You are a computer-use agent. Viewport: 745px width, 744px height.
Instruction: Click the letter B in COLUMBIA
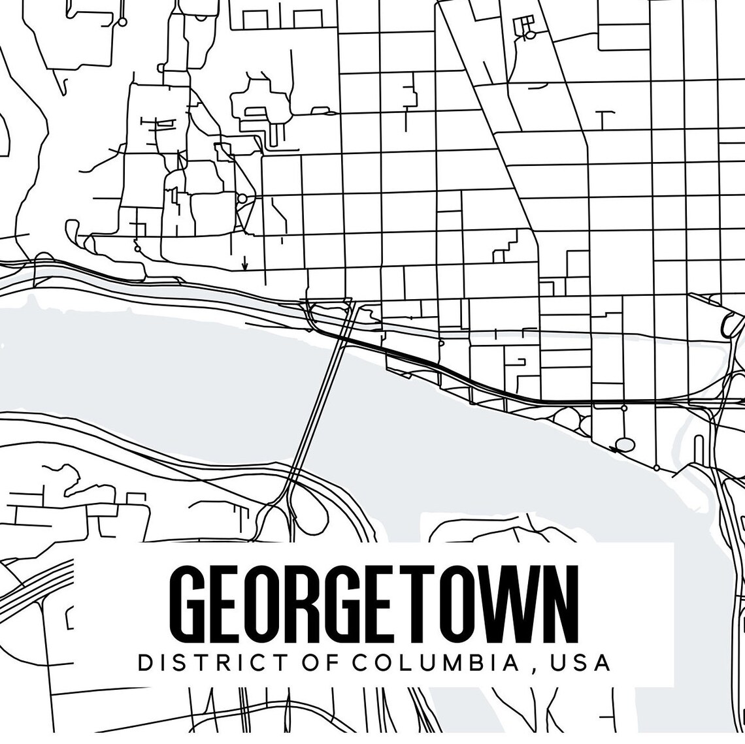[x=489, y=662]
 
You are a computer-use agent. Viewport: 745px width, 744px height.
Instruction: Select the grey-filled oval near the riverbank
[x=625, y=445]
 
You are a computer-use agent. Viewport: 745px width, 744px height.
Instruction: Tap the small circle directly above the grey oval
[x=624, y=408]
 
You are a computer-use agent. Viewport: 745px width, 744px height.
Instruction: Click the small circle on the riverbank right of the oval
[x=656, y=468]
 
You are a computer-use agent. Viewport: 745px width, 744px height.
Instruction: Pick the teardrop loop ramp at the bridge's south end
[x=307, y=506]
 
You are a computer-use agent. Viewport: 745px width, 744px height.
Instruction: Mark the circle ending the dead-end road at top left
[x=122, y=22]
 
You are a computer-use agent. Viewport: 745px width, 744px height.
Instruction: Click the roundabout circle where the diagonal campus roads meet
[x=242, y=197]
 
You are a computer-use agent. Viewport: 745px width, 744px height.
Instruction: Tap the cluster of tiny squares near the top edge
[x=523, y=26]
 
